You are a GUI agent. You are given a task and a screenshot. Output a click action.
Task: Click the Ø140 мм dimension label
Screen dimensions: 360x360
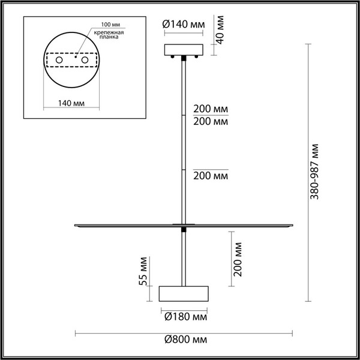tap(184, 25)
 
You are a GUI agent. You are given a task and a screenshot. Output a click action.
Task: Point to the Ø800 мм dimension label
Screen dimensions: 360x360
tap(185, 340)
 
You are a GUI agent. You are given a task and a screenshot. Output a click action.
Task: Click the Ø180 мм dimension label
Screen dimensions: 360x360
tap(185, 316)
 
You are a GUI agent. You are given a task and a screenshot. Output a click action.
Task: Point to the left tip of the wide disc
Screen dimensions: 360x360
tap(74, 226)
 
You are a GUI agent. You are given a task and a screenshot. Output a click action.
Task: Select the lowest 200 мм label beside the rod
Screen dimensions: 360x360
tap(210, 176)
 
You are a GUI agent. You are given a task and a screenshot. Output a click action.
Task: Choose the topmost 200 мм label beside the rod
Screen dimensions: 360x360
tap(210, 109)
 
